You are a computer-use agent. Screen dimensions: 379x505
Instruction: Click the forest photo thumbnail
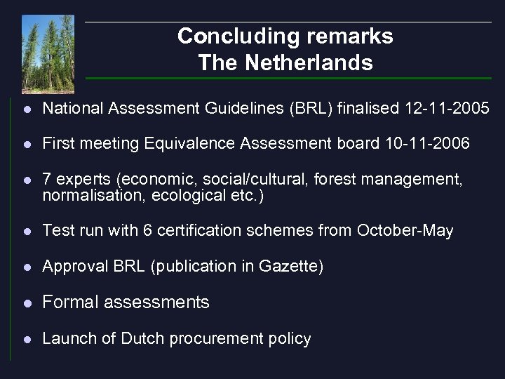click(48, 54)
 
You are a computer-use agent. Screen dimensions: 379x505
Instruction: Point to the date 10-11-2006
click(427, 144)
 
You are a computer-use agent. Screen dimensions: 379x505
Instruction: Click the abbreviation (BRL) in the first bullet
click(307, 108)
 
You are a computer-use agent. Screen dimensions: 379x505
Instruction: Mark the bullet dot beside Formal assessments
click(26, 303)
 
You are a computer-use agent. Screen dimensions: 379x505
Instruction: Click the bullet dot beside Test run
click(26, 231)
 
